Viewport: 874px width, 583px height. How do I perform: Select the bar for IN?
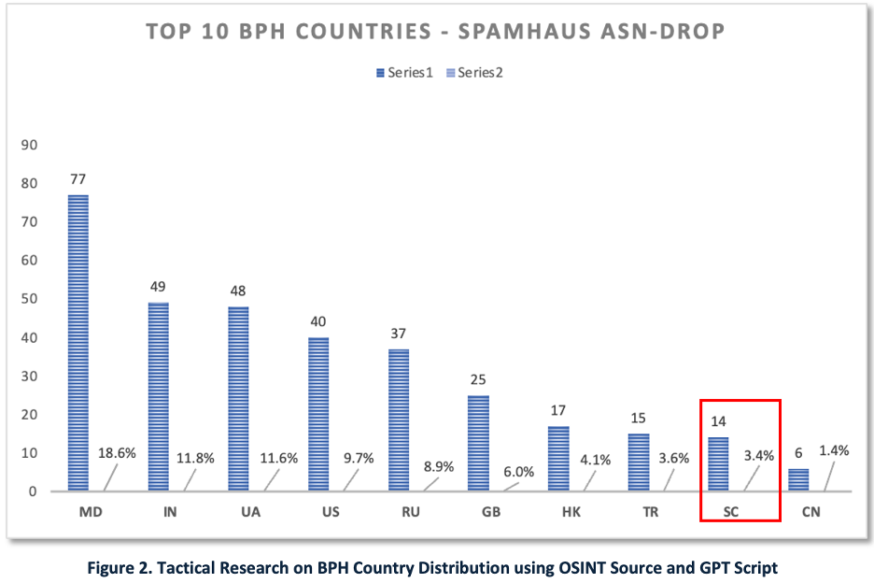[158, 396]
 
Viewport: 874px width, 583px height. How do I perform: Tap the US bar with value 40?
[317, 414]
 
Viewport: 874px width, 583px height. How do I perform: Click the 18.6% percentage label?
[118, 453]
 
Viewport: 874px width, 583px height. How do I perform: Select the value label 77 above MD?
[78, 178]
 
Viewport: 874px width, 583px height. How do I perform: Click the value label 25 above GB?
[479, 379]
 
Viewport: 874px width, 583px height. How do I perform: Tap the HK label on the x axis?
[558, 513]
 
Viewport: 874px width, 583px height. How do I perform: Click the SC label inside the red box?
[718, 513]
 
